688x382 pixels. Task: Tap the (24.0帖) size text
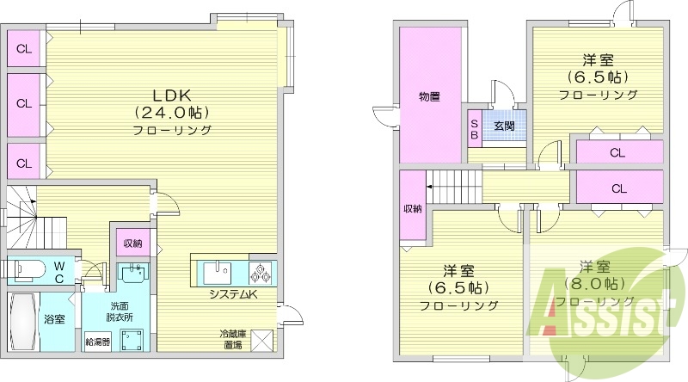pyautogui.click(x=172, y=112)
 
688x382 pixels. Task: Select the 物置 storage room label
pyautogui.click(x=430, y=96)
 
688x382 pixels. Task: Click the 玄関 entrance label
pyautogui.click(x=504, y=125)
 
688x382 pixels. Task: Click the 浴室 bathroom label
pyautogui.click(x=54, y=319)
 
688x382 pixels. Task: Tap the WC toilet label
pyautogui.click(x=58, y=272)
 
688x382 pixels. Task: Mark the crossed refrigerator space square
pyautogui.click(x=261, y=340)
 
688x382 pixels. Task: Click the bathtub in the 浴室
pyautogui.click(x=24, y=320)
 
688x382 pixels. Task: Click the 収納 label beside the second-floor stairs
pyautogui.click(x=413, y=209)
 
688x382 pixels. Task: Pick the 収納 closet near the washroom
pyautogui.click(x=132, y=243)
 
